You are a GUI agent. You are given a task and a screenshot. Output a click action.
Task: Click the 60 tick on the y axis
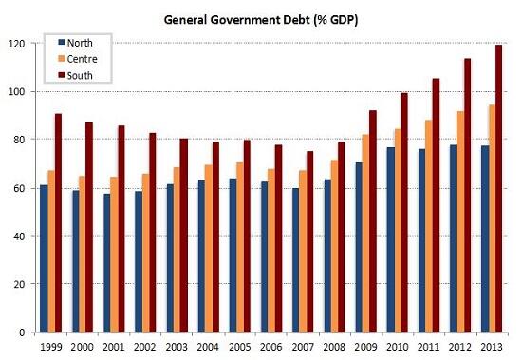[21, 188]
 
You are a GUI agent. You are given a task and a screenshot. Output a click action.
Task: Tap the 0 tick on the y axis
[24, 332]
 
